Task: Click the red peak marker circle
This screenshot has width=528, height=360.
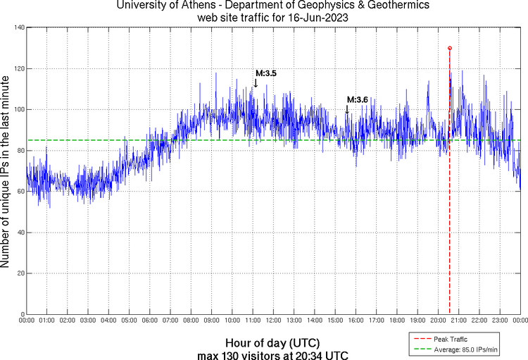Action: coord(450,48)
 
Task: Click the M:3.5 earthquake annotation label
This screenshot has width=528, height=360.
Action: coord(266,73)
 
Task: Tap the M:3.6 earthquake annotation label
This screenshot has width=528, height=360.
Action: coord(358,100)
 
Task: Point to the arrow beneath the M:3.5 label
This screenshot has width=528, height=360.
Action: coord(256,82)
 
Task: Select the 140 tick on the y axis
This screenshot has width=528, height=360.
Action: coord(19,27)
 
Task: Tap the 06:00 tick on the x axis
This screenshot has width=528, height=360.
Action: coord(150,321)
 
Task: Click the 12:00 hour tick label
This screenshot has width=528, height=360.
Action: coord(273,321)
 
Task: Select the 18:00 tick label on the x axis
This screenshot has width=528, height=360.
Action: coord(397,321)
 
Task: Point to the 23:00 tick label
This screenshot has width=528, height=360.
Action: coord(500,321)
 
